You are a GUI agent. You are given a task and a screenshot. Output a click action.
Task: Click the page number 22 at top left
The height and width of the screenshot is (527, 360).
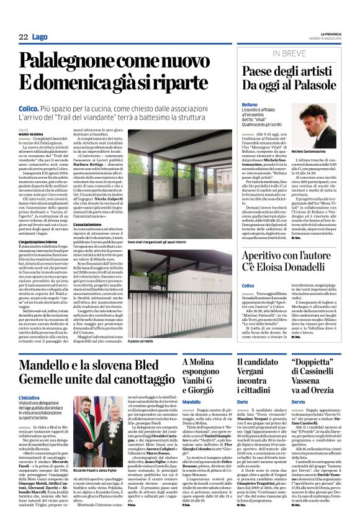23,38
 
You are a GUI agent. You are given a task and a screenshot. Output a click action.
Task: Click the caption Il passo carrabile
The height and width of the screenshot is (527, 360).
142,341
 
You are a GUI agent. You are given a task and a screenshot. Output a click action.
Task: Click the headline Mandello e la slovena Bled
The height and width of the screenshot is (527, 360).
96,365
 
